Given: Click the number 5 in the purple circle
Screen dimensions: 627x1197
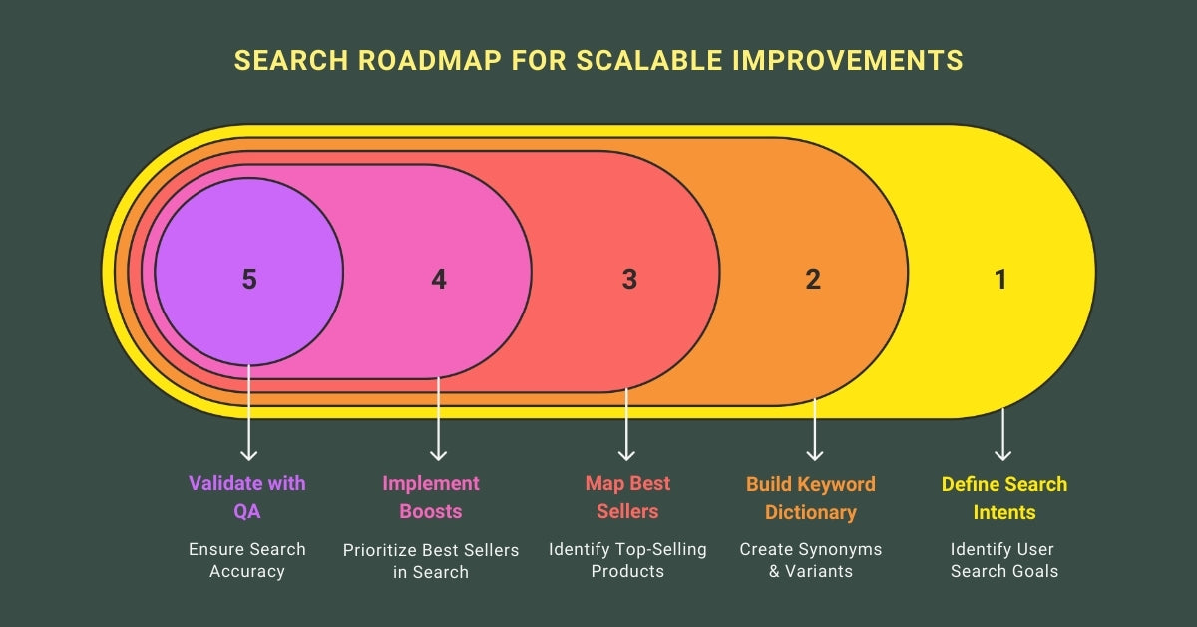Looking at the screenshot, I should pyautogui.click(x=249, y=280).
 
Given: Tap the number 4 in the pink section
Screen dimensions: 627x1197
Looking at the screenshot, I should pyautogui.click(x=439, y=280).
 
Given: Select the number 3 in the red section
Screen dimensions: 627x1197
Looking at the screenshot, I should pyautogui.click(x=629, y=280).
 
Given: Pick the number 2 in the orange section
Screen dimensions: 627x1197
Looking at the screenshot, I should pyautogui.click(x=813, y=280).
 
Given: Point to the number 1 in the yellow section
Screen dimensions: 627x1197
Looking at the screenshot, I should pyautogui.click(x=1000, y=280).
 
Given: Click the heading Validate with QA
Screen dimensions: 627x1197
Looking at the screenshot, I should pyautogui.click(x=247, y=497).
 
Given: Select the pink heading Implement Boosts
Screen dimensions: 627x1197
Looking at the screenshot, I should pyautogui.click(x=431, y=497).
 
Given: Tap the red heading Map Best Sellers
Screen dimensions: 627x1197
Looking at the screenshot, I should pyautogui.click(x=627, y=497).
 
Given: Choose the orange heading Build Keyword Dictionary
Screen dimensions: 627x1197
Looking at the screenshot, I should pyautogui.click(x=811, y=498).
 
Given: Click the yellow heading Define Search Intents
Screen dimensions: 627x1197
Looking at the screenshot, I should pyautogui.click(x=1004, y=498).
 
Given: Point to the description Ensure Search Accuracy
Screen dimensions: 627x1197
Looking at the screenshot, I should pyautogui.click(x=247, y=560).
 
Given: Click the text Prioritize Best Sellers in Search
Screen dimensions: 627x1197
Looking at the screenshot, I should pyautogui.click(x=431, y=560).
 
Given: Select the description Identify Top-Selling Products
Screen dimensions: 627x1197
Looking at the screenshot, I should pyautogui.click(x=627, y=560).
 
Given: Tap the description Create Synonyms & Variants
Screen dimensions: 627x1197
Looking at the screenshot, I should pyautogui.click(x=811, y=560).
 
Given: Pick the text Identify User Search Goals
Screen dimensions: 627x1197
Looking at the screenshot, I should pyautogui.click(x=1002, y=560).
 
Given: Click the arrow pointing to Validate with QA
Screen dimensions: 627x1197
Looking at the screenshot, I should pyautogui.click(x=248, y=419).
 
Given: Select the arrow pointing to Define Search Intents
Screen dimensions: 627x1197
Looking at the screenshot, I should pyautogui.click(x=1002, y=434).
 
